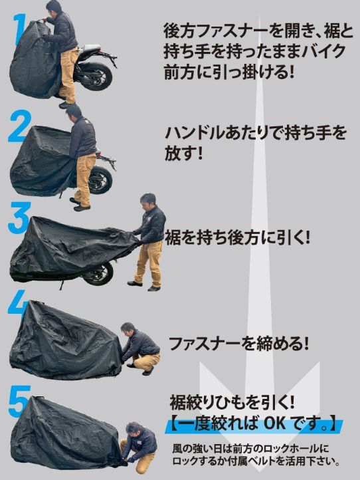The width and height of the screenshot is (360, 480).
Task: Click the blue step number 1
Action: coord(19,29)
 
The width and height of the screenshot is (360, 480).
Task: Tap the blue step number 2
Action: coord(19,126)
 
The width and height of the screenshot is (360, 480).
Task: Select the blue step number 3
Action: coord(19,218)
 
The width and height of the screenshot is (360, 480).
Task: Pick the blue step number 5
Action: coord(19,402)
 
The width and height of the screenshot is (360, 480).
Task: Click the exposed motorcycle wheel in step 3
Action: coord(98,273)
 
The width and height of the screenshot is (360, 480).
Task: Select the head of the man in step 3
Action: coord(148,201)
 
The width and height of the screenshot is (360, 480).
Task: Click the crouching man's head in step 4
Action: coord(128,330)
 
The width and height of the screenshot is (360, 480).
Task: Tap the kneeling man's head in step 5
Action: coord(134,430)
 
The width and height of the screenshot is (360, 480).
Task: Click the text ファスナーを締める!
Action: coord(238,344)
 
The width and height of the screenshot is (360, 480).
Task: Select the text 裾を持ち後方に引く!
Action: coord(238,238)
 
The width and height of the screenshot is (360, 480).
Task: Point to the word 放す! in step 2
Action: coord(184,152)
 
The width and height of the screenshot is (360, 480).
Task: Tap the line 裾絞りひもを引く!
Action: coord(232,403)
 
